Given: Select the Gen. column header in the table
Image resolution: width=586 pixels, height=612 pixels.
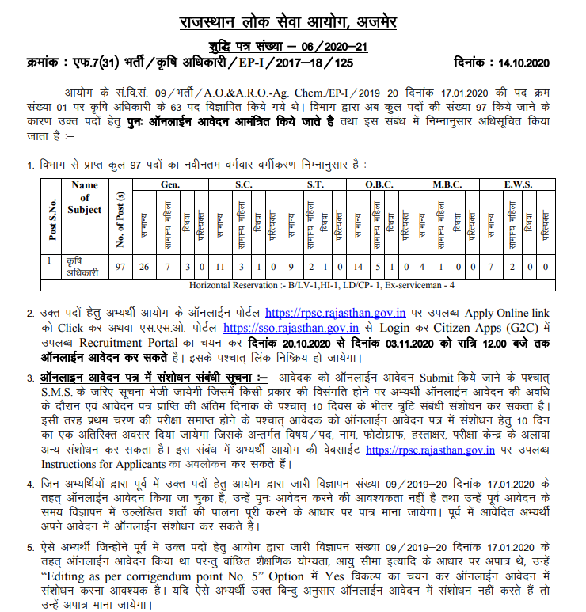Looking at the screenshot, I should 169,184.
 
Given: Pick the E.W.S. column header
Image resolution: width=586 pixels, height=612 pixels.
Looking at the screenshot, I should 517,184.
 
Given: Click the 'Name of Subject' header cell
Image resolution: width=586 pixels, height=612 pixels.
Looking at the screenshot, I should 85,197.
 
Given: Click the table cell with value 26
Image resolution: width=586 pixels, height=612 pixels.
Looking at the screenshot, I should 143,266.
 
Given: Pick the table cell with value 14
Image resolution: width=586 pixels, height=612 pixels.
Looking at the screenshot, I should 358,266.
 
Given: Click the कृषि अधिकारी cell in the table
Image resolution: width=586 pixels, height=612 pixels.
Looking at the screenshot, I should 84,267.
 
